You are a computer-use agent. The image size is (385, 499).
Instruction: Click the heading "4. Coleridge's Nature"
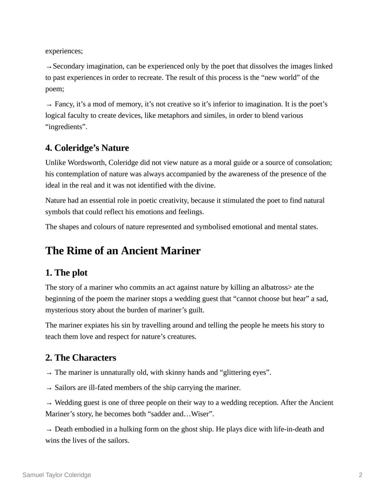(87, 148)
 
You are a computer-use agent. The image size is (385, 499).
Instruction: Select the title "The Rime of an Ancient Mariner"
(123, 251)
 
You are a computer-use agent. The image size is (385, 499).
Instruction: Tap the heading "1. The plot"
(66, 273)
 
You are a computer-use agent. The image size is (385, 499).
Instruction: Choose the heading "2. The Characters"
(81, 358)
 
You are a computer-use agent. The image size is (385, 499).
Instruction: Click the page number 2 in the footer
(360, 475)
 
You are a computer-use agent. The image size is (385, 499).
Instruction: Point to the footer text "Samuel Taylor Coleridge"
(57, 475)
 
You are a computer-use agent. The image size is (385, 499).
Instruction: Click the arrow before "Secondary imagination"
(48, 67)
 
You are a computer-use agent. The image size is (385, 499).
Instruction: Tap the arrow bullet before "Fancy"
(49, 105)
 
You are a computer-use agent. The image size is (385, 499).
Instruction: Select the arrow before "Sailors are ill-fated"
(49, 388)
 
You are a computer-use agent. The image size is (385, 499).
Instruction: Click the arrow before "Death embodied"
(49, 430)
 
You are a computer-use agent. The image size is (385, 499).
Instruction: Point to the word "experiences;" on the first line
(64, 51)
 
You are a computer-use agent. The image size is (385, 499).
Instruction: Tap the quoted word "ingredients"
(66, 127)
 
